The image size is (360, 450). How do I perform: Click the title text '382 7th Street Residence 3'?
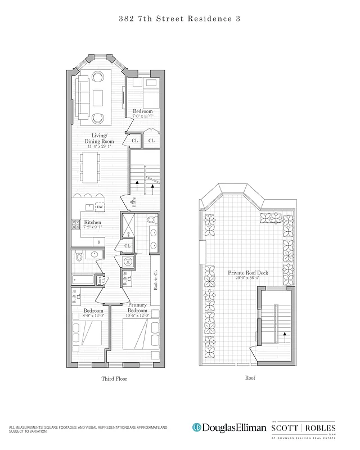coord(180,19)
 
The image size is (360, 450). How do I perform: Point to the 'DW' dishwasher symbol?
coord(100,208)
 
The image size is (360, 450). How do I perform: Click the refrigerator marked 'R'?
coord(99,241)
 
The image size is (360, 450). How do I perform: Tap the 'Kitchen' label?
coord(92,223)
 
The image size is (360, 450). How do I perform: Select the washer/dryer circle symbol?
coord(127,261)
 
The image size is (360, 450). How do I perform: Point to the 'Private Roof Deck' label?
coord(247,273)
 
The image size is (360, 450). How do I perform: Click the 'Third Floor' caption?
coord(114,379)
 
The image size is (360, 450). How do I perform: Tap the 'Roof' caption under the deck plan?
coord(249,378)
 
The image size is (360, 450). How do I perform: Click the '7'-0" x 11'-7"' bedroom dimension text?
coord(142,116)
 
